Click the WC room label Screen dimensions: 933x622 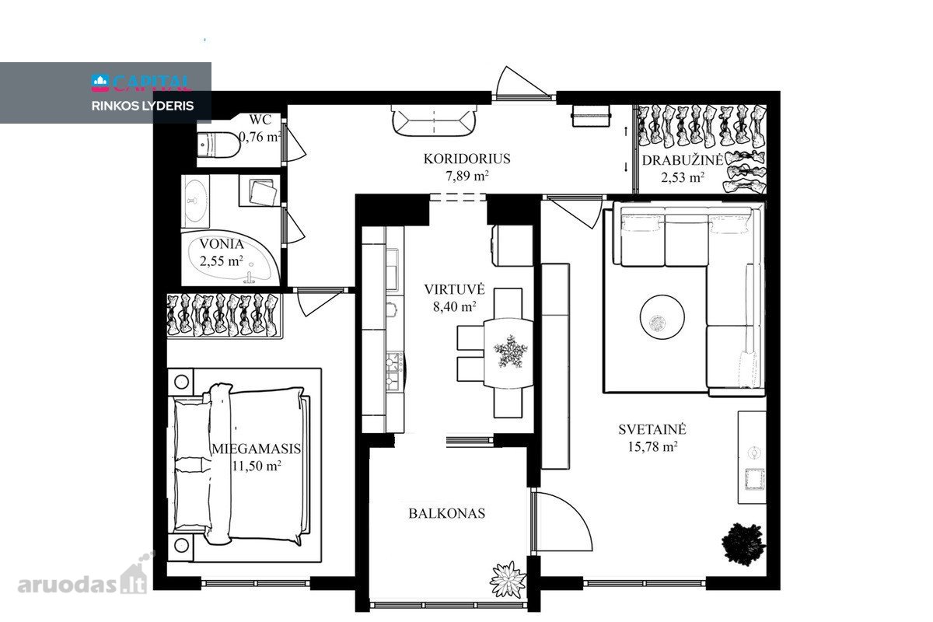point(260,120)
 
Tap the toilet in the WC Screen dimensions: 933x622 point(218,145)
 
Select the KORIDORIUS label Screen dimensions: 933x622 point(467,159)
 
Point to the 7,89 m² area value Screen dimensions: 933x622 point(467,176)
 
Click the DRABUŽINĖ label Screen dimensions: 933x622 point(683,160)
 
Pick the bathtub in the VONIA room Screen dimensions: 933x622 point(230,257)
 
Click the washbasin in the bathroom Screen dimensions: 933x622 point(195,201)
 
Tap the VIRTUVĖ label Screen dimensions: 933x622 point(454,289)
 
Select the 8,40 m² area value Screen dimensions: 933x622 point(454,306)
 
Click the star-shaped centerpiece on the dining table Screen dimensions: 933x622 point(510,351)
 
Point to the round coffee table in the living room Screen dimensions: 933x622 point(662,317)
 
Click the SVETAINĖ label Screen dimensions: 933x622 point(652,429)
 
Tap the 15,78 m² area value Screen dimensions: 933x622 point(652,446)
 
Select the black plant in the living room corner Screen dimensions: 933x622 point(743,543)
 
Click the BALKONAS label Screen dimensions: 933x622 point(447,513)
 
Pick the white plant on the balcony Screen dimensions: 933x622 point(508,579)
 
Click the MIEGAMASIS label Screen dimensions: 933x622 point(256,449)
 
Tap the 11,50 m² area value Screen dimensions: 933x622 point(256,466)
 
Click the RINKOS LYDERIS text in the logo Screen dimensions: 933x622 point(142,106)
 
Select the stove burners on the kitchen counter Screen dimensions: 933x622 point(394,371)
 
